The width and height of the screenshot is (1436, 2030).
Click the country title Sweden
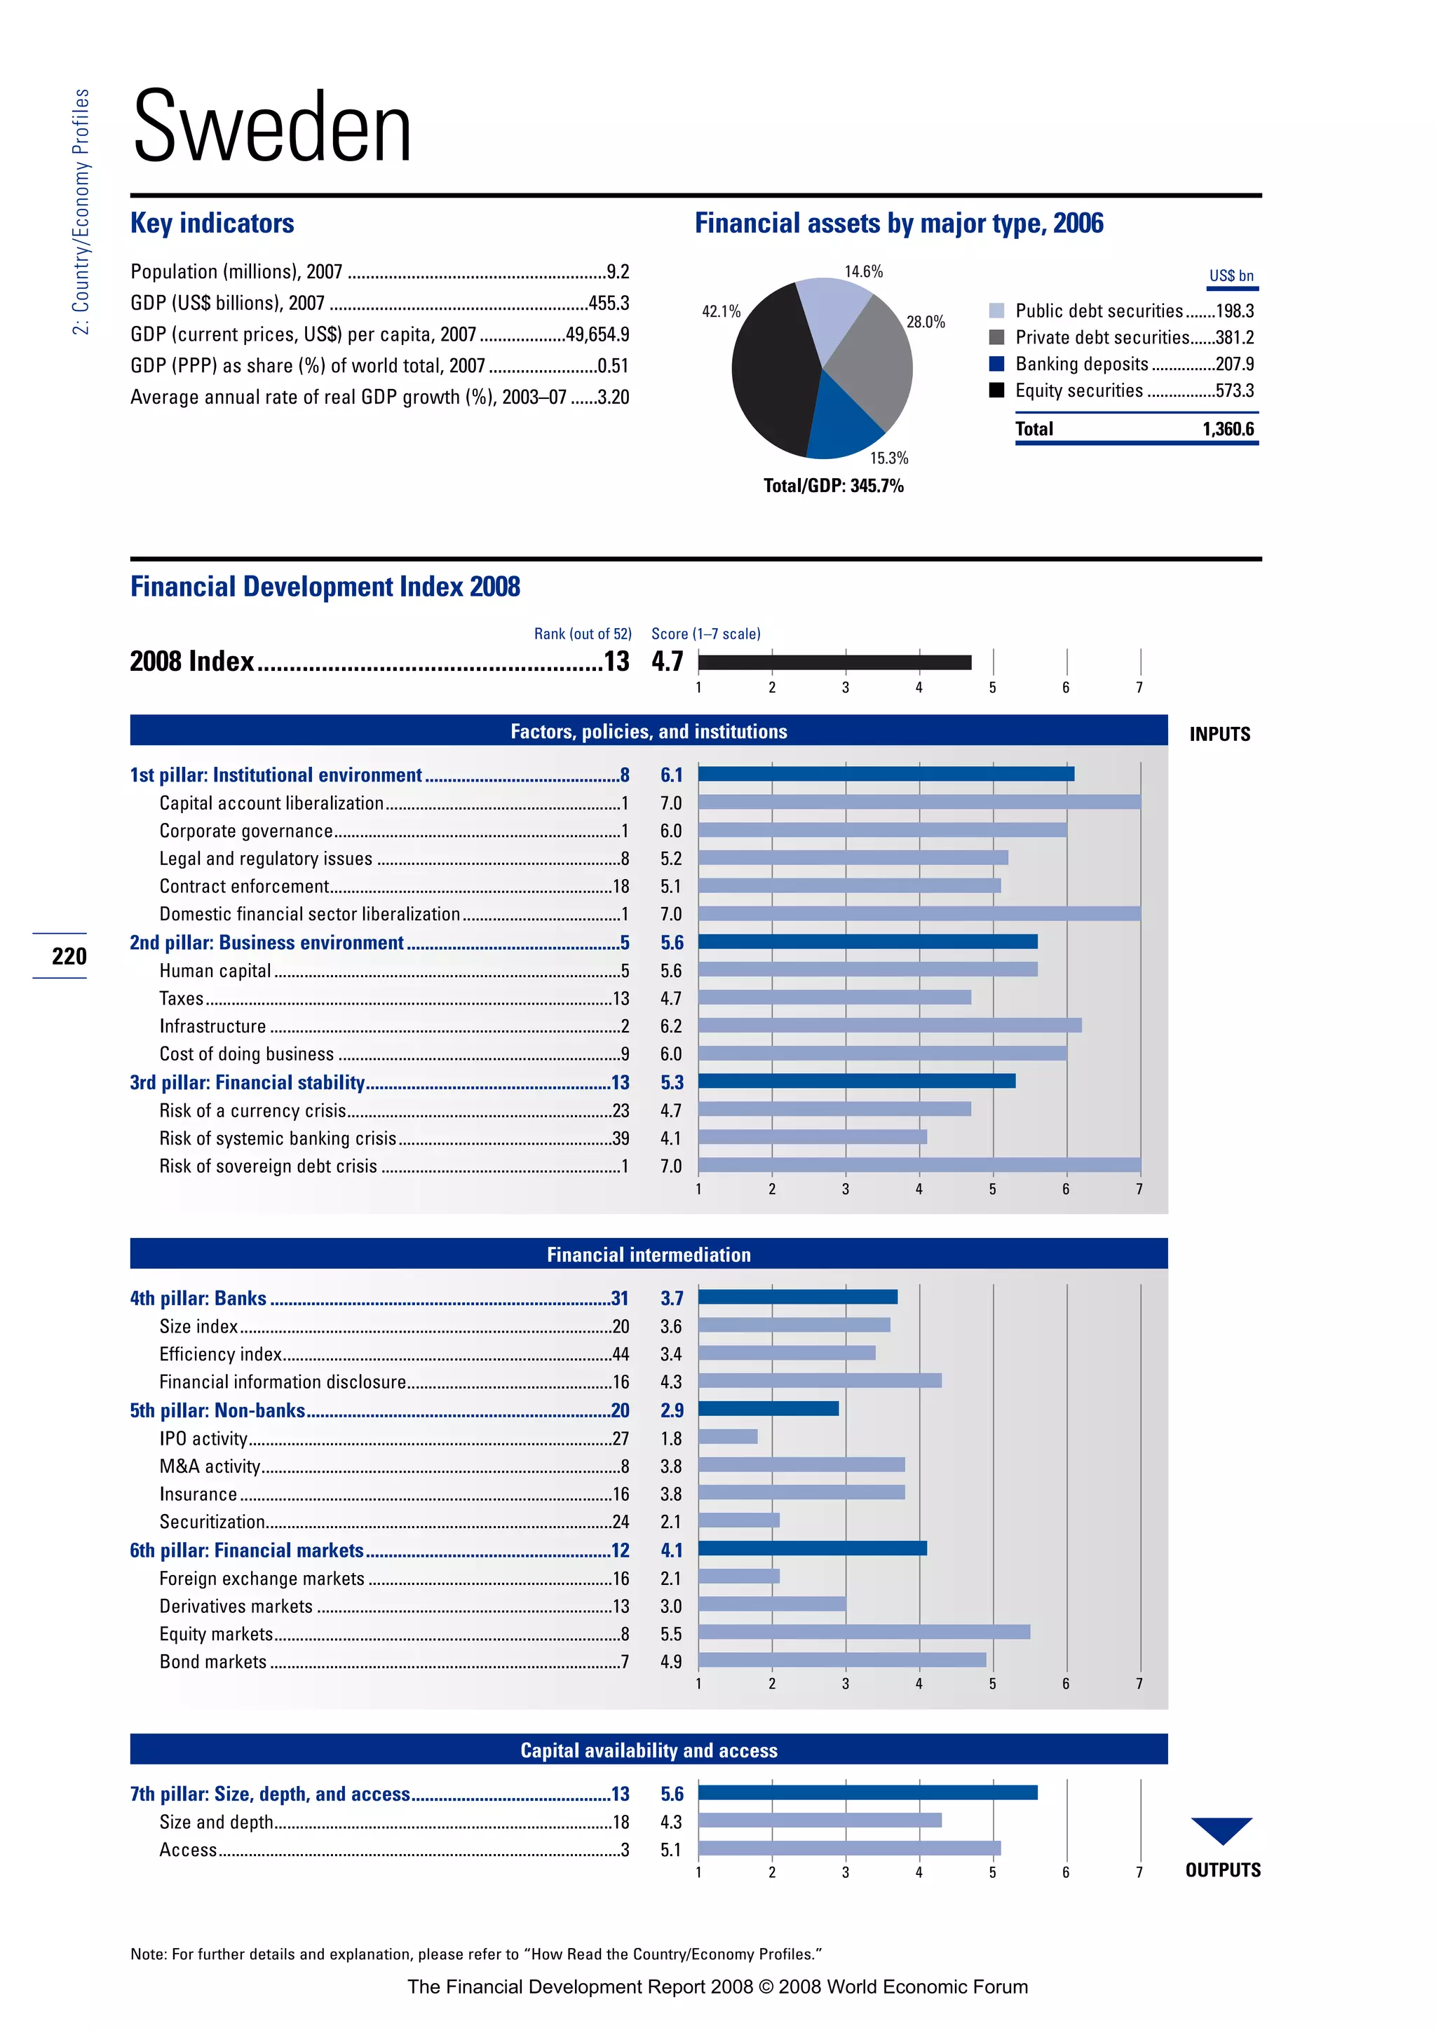[x=272, y=128]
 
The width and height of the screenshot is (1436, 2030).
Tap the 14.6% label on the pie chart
[x=863, y=271]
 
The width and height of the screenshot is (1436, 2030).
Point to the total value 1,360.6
[x=1227, y=430]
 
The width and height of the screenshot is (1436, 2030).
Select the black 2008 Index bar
[x=834, y=662]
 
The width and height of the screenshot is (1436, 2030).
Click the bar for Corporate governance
[x=881, y=830]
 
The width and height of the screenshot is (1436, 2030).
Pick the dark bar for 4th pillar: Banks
[x=797, y=1297]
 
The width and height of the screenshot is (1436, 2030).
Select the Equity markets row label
[x=216, y=1634]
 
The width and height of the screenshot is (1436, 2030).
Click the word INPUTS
[x=1219, y=734]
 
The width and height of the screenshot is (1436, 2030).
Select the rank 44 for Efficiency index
[x=620, y=1354]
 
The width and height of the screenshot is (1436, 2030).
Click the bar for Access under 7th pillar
[x=849, y=1848]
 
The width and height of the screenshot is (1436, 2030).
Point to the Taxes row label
[x=182, y=999]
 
